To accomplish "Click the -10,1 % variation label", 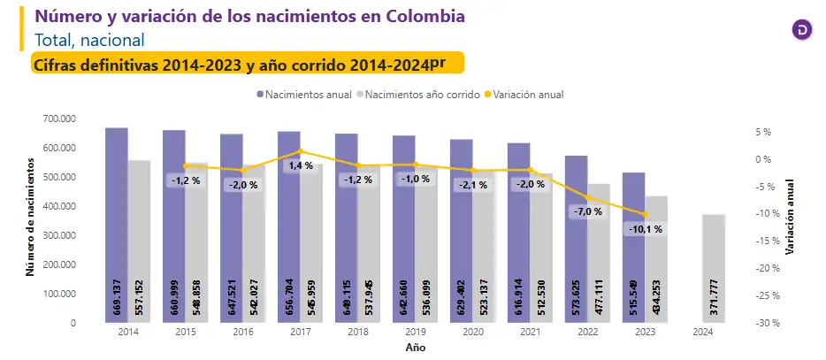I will tap(646, 229).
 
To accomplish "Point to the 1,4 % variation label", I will tap(300, 165).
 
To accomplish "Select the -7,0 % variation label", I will tap(587, 211).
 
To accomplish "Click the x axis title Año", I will tap(416, 348).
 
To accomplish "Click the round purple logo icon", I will tap(801, 29).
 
